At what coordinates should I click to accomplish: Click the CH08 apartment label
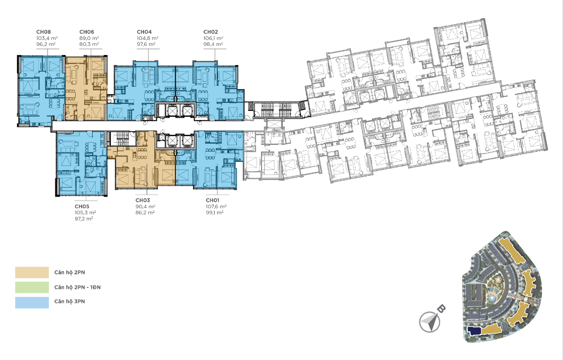(43, 32)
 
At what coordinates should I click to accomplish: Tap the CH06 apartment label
(87, 32)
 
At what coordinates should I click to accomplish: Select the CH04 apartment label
(144, 32)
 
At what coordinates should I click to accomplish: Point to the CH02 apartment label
(210, 32)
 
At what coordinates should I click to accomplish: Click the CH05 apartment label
(82, 206)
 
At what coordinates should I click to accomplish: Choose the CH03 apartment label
(143, 200)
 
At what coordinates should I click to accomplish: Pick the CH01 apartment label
(212, 200)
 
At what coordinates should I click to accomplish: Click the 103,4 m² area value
(47, 38)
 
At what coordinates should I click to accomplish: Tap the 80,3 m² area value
(89, 44)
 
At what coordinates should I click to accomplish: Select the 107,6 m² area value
(216, 206)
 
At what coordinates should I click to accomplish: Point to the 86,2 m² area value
(145, 212)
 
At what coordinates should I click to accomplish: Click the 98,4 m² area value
(213, 44)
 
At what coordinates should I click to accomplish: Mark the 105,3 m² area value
(86, 212)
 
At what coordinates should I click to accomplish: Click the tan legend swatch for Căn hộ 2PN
(32, 272)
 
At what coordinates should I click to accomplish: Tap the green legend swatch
(32, 287)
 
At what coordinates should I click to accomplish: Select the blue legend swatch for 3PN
(32, 302)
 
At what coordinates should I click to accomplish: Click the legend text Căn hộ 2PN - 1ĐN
(77, 287)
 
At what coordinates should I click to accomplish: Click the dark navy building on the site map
(474, 331)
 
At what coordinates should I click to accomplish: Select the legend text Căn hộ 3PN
(70, 302)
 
